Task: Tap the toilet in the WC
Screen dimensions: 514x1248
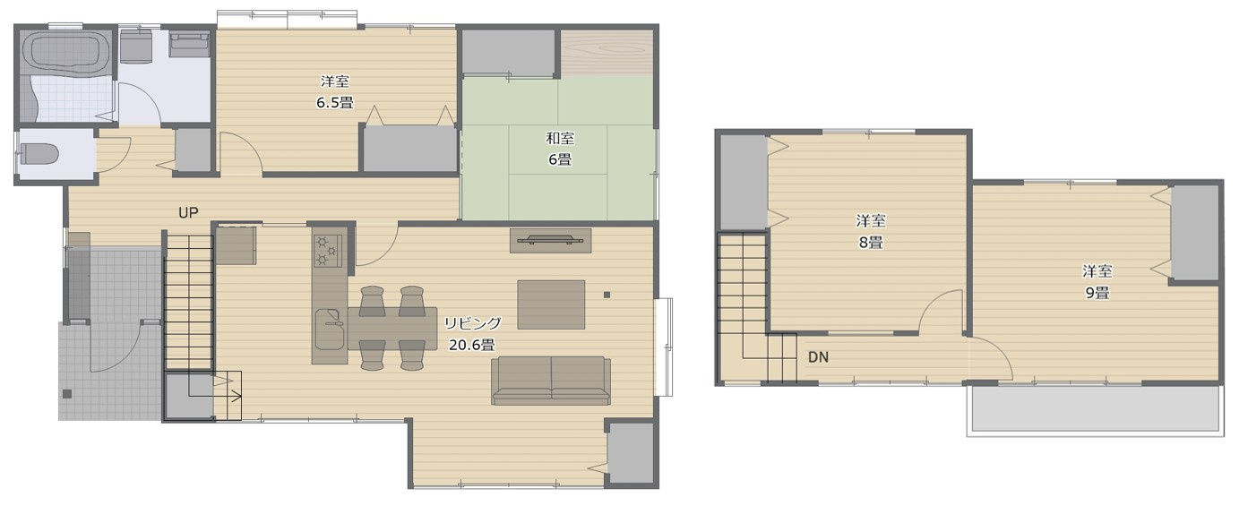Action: coord(39,155)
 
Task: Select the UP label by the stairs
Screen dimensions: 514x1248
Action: coord(188,213)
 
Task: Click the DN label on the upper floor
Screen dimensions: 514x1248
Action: coord(818,356)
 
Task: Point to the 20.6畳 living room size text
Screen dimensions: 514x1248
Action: coord(471,344)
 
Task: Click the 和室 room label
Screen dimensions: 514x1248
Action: coord(560,138)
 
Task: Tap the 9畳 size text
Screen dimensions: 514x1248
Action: coord(1097,293)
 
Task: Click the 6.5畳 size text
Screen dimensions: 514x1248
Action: coord(334,102)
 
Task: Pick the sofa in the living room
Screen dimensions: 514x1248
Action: coord(551,380)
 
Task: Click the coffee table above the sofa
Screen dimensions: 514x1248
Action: coord(551,304)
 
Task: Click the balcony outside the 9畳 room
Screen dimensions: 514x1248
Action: coord(1095,410)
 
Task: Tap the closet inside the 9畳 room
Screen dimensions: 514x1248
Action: coord(1195,233)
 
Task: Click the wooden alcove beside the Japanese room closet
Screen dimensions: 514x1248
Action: coord(607,53)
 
